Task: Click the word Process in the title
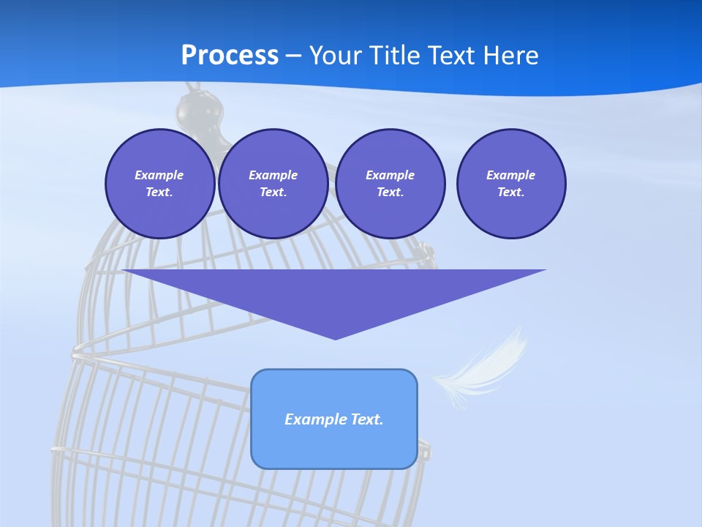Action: pyautogui.click(x=230, y=56)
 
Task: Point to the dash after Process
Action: pyautogui.click(x=294, y=56)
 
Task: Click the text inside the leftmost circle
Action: pyautogui.click(x=159, y=184)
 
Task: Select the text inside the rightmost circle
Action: pyautogui.click(x=511, y=184)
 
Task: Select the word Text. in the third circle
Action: pyautogui.click(x=390, y=193)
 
